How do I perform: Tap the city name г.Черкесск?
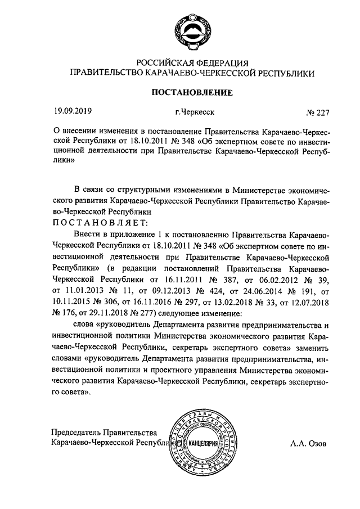194,112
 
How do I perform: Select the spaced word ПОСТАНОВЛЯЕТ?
100,223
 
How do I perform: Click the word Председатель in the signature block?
76,432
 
